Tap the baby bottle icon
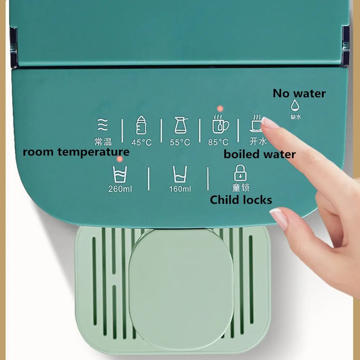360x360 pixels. coord(141,125)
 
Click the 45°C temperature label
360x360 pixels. coord(141,143)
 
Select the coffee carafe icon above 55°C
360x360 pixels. coord(181,125)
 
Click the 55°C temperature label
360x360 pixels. coord(180,143)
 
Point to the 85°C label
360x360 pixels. coord(219,142)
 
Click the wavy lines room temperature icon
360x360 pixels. coord(103,125)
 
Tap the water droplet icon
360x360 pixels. coord(295,105)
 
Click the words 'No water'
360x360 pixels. coord(299,94)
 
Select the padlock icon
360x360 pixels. coord(240,173)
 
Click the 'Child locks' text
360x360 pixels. coord(241,200)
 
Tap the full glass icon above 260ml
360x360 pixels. coord(120,175)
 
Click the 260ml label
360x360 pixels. coord(120,189)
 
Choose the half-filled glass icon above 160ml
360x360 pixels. coord(180,174)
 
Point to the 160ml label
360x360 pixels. coord(180,189)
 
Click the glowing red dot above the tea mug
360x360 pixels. coord(220,109)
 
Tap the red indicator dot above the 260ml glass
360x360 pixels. coord(120,159)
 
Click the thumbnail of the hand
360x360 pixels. coord(279,219)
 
